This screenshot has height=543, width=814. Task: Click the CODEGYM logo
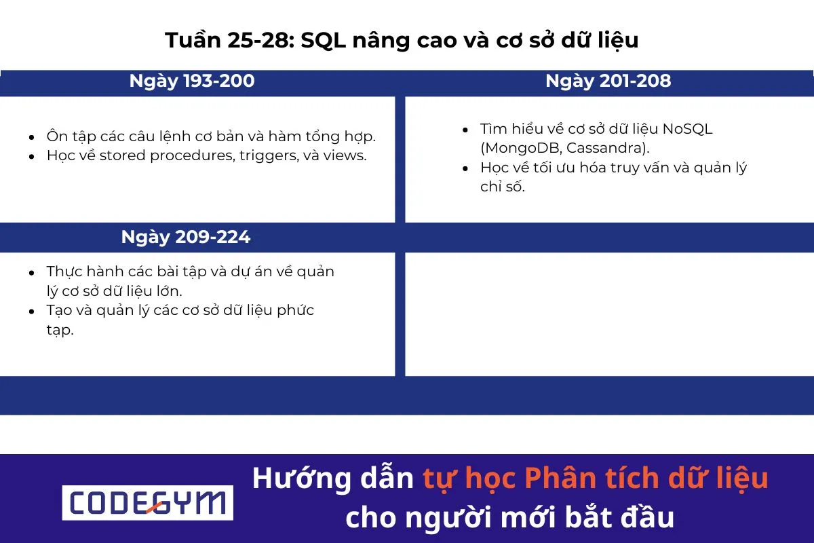[x=147, y=503]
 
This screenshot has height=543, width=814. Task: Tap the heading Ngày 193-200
[x=192, y=81]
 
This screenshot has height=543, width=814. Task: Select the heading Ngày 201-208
[x=608, y=81]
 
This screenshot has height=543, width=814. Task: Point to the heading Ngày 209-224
[x=186, y=237]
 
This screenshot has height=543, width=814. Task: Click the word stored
[x=123, y=156]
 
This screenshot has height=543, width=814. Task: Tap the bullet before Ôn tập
[x=32, y=137]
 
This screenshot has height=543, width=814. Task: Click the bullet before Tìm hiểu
[x=465, y=130]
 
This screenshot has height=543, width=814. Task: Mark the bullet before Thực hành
[x=32, y=272]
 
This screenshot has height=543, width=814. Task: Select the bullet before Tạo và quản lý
[x=32, y=311]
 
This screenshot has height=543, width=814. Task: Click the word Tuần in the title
[x=191, y=41]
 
